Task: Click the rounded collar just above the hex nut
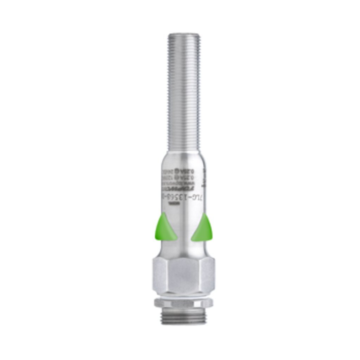[183, 250]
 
